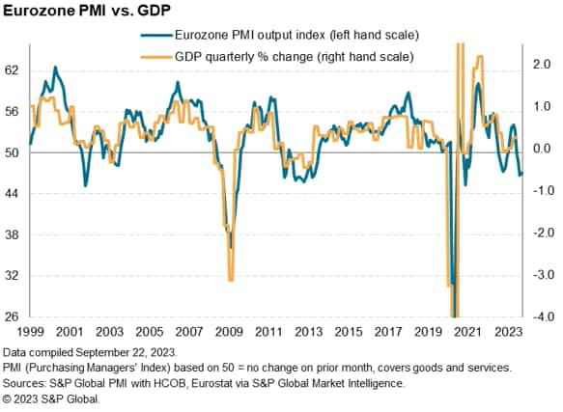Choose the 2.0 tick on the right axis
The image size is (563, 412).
click(x=542, y=64)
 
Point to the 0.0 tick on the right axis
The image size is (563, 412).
click(x=542, y=148)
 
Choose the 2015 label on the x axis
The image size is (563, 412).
click(x=358, y=331)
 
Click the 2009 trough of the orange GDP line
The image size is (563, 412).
click(x=230, y=280)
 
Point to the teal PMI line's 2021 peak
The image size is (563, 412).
click(x=478, y=84)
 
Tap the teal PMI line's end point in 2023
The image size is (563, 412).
click(x=522, y=174)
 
